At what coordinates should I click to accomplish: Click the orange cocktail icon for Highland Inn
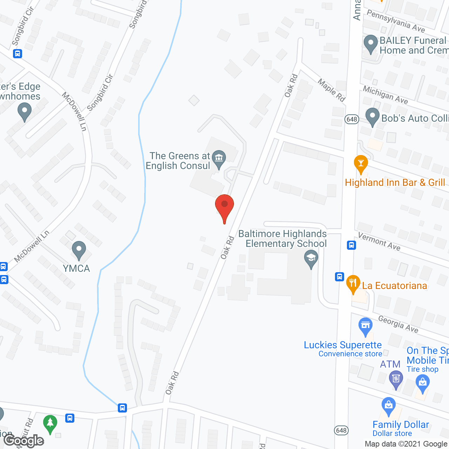click(x=361, y=163)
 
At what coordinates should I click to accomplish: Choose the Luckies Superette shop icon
click(x=366, y=326)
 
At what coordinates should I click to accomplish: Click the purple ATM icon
click(x=396, y=379)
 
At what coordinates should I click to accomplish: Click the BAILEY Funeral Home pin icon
click(x=371, y=43)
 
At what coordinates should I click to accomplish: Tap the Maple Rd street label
click(x=331, y=90)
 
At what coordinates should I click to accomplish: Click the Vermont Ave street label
click(x=379, y=241)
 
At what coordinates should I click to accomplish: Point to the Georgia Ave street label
click(x=398, y=323)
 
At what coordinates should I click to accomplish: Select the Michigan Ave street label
click(x=385, y=95)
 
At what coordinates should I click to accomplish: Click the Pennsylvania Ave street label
click(x=396, y=21)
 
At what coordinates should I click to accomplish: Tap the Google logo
click(x=24, y=441)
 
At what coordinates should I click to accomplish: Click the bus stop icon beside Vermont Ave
click(x=351, y=245)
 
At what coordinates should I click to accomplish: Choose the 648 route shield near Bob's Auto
click(x=351, y=119)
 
